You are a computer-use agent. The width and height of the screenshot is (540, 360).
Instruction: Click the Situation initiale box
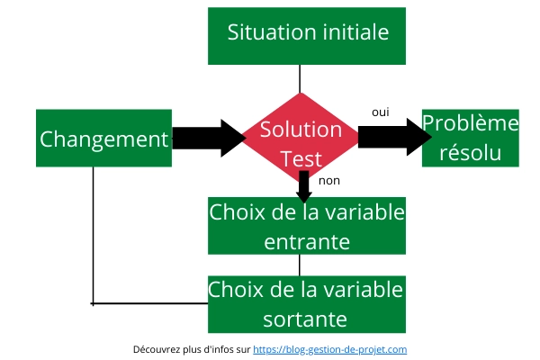coord(307,36)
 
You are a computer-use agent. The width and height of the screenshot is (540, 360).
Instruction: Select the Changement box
coord(103,138)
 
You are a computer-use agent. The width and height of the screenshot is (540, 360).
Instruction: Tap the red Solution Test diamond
coord(301,137)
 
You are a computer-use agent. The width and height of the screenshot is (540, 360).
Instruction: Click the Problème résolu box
coord(471,138)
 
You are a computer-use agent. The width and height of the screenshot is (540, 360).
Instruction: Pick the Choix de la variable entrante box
coord(307,226)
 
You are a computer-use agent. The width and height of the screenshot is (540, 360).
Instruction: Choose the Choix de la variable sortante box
coord(307,304)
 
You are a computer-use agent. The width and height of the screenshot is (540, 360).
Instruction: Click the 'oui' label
coord(381,112)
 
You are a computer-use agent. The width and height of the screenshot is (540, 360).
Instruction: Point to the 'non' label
coord(329,181)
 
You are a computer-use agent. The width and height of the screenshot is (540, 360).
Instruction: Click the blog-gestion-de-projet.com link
coord(330,349)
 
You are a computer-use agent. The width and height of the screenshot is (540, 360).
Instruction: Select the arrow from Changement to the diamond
coord(209,138)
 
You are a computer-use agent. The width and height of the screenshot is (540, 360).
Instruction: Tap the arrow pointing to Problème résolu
coord(395,137)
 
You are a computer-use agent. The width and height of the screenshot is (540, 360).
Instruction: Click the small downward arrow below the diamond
coord(304,186)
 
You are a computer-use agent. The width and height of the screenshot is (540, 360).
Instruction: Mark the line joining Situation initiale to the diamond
coord(300,79)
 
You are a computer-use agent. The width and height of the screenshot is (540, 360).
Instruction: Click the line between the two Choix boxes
coord(300,265)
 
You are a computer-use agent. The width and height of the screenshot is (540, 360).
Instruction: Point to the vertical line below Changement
coord(93,236)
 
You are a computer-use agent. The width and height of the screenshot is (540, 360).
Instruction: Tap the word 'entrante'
coord(307,242)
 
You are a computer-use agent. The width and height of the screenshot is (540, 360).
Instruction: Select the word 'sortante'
coord(305,319)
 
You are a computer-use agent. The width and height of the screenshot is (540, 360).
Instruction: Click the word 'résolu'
coord(471,152)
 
